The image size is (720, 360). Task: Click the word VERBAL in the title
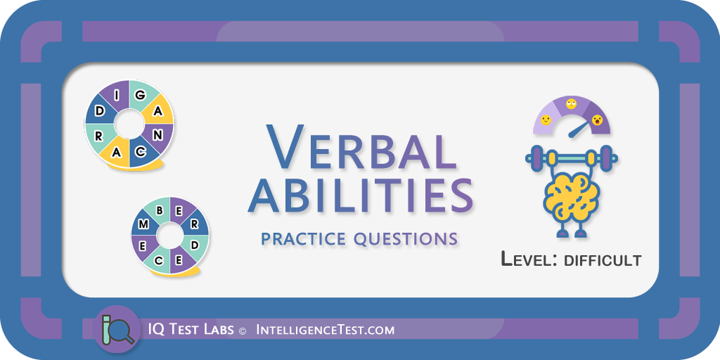tap(361, 146)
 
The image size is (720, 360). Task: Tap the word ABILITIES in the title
tap(361, 196)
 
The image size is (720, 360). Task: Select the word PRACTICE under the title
tap(302, 239)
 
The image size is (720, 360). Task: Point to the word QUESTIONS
tap(406, 239)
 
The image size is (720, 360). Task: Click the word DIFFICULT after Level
tap(603, 260)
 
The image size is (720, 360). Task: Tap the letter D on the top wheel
tap(100, 111)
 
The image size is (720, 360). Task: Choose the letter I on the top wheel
tap(117, 95)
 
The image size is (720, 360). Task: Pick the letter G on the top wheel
tap(141, 96)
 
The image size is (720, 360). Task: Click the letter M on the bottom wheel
tap(143, 224)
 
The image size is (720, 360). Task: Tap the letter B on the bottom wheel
tap(160, 211)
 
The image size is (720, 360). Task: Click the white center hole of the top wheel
tap(129, 124)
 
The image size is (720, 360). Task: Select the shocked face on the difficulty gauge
tap(597, 120)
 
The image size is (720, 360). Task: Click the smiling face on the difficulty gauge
tap(546, 120)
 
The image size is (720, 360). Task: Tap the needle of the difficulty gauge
tap(579, 129)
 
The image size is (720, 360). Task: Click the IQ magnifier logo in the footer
tap(117, 329)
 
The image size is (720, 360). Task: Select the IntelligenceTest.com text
tap(325, 330)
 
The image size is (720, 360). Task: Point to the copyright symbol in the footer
tap(243, 330)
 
